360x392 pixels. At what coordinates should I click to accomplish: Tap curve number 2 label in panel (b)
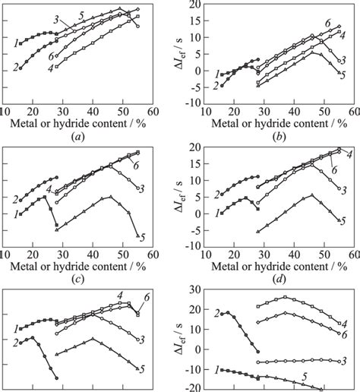[216, 86]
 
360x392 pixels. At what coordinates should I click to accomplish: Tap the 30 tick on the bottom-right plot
[195, 290]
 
